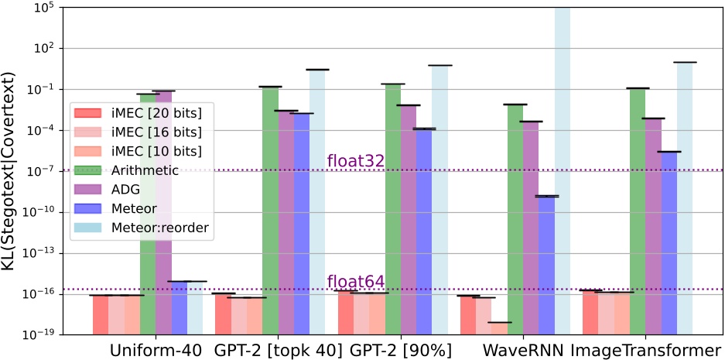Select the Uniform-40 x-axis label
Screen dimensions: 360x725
point(156,349)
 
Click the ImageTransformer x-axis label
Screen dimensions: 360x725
point(647,349)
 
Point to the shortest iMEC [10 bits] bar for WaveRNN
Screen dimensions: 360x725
point(500,327)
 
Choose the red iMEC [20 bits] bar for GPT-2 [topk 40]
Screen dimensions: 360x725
point(224,314)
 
